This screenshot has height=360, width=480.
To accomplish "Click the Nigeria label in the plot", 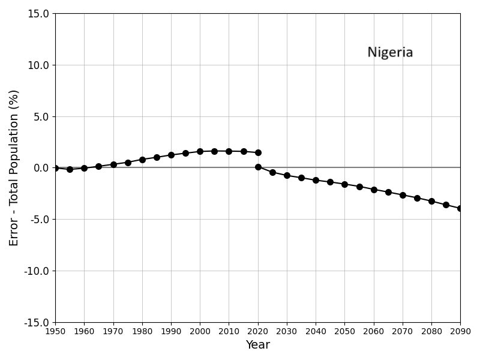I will click(x=390, y=53).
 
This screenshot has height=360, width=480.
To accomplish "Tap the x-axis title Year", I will click(x=257, y=345).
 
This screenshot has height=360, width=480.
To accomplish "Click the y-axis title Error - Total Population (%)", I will click(x=14, y=167).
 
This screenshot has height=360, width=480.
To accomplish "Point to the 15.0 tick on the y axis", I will click(x=38, y=14).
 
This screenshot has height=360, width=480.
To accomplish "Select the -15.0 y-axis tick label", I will click(x=37, y=322).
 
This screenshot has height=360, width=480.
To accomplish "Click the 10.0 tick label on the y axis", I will click(x=38, y=65).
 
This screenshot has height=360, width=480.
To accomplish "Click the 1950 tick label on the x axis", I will click(x=55, y=331).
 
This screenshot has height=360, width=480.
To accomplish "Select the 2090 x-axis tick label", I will click(x=460, y=331).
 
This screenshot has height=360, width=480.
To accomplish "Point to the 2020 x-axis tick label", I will click(x=258, y=331).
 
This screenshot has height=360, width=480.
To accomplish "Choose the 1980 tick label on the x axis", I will click(x=142, y=331).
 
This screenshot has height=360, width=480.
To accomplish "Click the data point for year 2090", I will click(x=460, y=208).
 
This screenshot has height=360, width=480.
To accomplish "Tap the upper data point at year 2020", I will click(x=258, y=152).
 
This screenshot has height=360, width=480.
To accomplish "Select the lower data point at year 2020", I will click(x=258, y=167).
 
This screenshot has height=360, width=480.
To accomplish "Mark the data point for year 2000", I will click(x=200, y=151).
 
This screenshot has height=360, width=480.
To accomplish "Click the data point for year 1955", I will click(x=70, y=169).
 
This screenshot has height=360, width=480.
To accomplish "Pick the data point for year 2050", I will click(x=344, y=184).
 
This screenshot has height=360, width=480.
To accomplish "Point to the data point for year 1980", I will click(x=142, y=160).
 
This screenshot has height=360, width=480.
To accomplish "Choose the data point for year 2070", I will click(x=403, y=195).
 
